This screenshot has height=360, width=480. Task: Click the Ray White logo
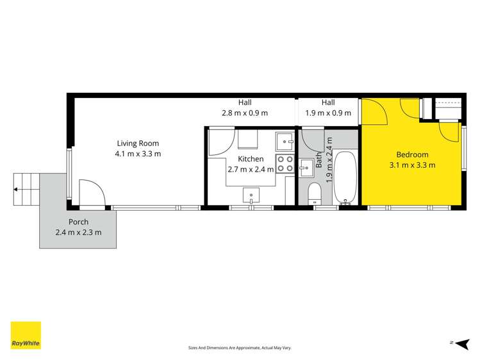pyautogui.click(x=26, y=335)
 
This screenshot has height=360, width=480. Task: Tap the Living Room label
pyautogui.click(x=138, y=143)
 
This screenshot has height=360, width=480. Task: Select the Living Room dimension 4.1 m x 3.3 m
pyautogui.click(x=138, y=154)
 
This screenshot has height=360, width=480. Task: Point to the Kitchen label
pyautogui.click(x=251, y=159)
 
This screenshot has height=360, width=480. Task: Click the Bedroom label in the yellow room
pyautogui.click(x=412, y=154)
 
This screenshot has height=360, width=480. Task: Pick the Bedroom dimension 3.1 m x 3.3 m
pyautogui.click(x=412, y=165)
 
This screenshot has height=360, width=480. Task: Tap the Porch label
pyautogui.click(x=78, y=222)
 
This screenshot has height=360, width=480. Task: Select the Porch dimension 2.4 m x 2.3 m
pyautogui.click(x=78, y=233)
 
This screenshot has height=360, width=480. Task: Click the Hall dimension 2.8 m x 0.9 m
pyautogui.click(x=245, y=113)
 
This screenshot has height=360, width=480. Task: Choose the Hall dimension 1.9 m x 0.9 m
pyautogui.click(x=328, y=113)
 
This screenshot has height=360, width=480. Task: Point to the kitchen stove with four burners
pyautogui.click(x=285, y=164)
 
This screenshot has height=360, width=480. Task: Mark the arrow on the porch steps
pyautogui.click(x=16, y=189)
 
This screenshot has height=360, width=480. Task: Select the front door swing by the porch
pyautogui.click(x=90, y=193)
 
